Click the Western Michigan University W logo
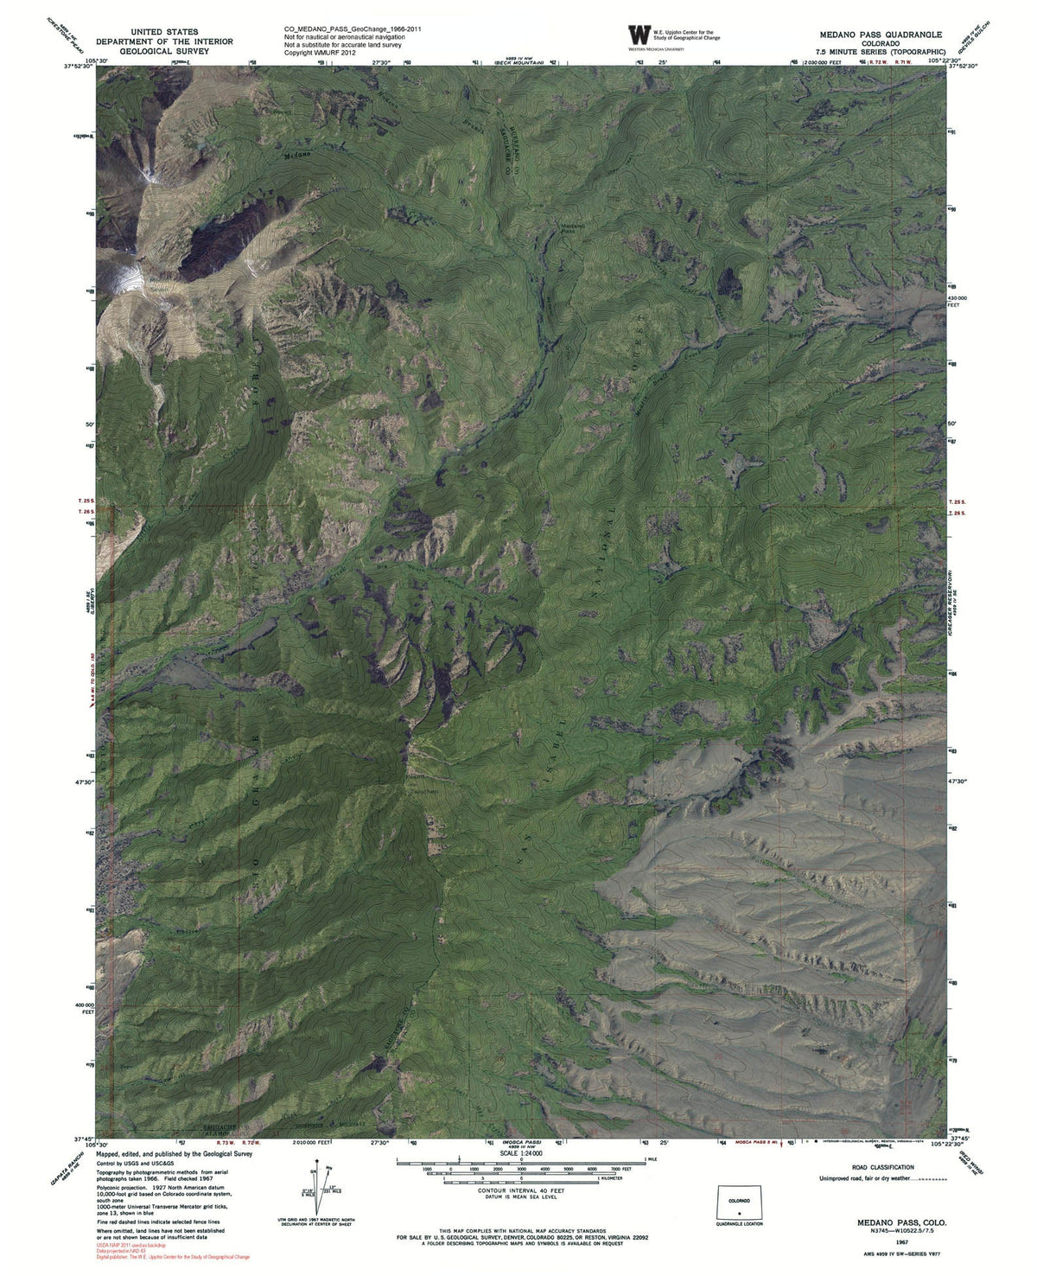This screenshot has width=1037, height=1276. [x=639, y=35]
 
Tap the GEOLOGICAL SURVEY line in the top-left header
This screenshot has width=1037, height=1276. [x=164, y=51]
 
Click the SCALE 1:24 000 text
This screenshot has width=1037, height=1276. [x=519, y=1153]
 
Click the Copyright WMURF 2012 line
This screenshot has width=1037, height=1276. [x=321, y=53]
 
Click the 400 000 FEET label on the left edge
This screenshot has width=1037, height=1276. [x=84, y=1008]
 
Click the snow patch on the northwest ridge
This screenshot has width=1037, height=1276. [x=127, y=279]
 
